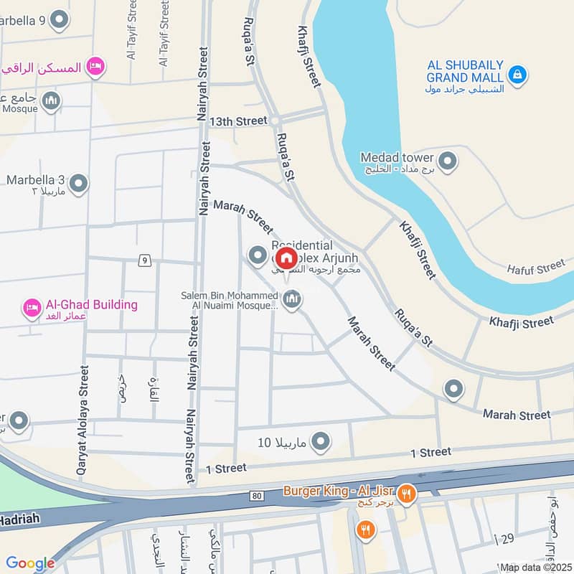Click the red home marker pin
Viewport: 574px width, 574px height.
286,258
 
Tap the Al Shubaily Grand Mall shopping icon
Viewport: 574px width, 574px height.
517,73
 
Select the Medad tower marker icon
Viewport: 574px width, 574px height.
448,161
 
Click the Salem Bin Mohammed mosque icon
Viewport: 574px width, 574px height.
291,301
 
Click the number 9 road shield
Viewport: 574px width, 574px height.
146,260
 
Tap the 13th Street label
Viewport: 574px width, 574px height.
238,121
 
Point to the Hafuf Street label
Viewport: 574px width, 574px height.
536,268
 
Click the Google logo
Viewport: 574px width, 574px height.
30,564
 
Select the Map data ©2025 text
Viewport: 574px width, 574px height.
535,567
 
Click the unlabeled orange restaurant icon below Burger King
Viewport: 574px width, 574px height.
365,530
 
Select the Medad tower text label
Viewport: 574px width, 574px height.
397,157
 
